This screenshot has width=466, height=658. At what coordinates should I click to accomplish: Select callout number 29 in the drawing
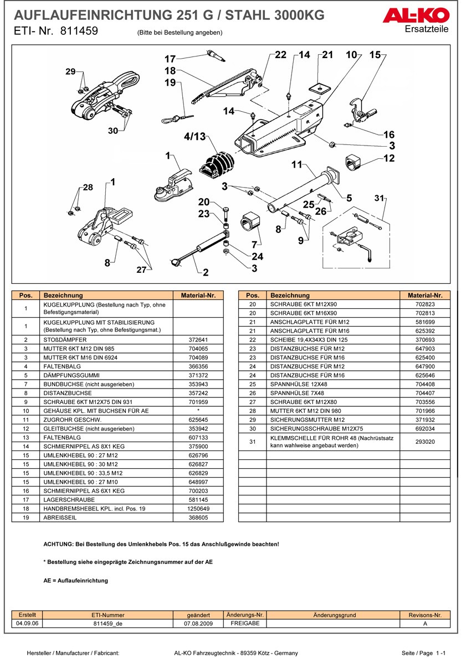pyautogui.click(x=70, y=71)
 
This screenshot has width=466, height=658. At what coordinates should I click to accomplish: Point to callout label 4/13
pyautogui.click(x=194, y=136)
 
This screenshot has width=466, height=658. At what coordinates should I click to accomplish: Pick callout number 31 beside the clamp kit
pyautogui.click(x=379, y=198)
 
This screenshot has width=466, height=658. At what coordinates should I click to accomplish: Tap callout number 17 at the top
pyautogui.click(x=170, y=59)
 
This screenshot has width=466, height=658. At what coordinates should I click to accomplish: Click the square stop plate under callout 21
pyautogui.click(x=320, y=87)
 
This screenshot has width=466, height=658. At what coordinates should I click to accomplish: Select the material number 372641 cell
pyautogui.click(x=198, y=339)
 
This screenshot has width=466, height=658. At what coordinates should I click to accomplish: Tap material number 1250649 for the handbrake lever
pyautogui.click(x=198, y=509)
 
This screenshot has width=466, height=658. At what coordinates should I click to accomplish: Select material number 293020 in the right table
pyautogui.click(x=425, y=442)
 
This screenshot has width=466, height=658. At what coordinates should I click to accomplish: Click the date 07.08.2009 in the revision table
pyautogui.click(x=198, y=623)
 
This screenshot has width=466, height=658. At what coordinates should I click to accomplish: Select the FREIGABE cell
pyautogui.click(x=245, y=623)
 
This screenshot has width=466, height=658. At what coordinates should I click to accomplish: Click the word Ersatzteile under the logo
pyautogui.click(x=427, y=29)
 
